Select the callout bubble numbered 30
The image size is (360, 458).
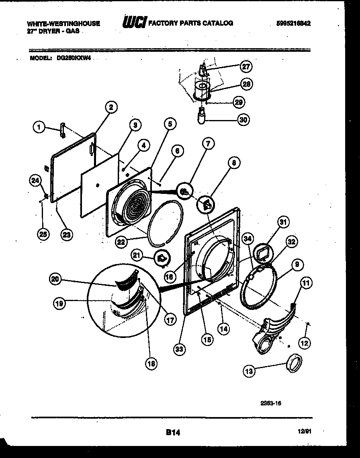243,119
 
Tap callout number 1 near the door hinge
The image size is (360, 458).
39,128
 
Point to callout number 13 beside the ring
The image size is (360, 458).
249,371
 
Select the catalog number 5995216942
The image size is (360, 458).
293,24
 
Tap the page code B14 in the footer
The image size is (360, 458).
172,432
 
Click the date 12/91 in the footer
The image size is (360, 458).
305,432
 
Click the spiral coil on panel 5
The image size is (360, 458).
135,207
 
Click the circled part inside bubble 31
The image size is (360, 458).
263,252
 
